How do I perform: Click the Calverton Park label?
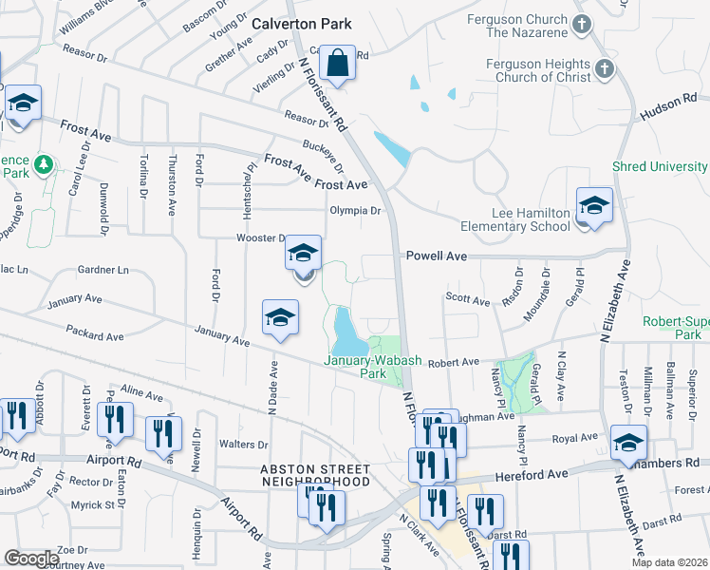point(301,24)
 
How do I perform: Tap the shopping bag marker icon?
point(337,64)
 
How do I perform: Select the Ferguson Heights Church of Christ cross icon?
point(605,69)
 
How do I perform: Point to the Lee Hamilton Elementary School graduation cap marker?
point(594,206)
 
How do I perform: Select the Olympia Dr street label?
point(354,211)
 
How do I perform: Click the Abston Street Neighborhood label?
point(315,476)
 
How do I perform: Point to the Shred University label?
point(660,166)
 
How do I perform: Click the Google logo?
point(31,559)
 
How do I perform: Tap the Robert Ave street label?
point(453,363)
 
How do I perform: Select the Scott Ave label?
point(467,300)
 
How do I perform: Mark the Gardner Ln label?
point(103,270)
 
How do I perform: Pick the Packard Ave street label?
point(95,335)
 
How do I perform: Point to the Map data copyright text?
point(669,562)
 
